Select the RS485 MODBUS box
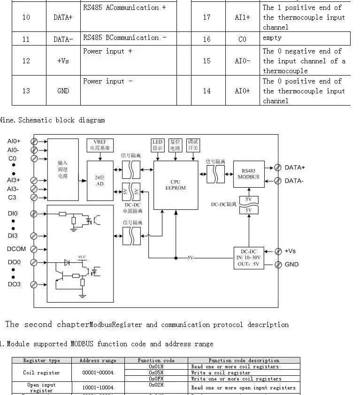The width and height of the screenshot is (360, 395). pos(248,174)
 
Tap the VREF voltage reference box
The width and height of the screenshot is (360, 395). pos(100,144)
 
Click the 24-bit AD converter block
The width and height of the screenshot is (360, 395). pos(100,181)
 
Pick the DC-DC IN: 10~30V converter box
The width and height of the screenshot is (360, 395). pos(248,258)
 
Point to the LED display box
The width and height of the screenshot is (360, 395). pos(157,144)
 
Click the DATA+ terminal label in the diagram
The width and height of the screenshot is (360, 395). pos(295,167)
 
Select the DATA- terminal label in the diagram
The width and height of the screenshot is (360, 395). pos(294,181)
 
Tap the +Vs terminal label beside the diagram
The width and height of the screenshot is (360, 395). pos(290,251)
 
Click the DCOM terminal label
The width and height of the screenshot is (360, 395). pos(16,249)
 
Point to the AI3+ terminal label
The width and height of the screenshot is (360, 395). pos(14,180)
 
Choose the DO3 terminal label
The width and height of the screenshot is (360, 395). pos(14,284)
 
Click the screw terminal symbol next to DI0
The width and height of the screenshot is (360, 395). pos(34,214)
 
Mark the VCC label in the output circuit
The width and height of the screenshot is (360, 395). pos(82,257)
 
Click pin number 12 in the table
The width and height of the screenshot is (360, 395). pos(26,61)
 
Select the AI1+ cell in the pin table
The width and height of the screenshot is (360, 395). pos(242,17)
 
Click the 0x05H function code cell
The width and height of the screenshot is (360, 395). pos(156,373)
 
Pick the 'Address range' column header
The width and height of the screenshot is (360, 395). pos(98,360)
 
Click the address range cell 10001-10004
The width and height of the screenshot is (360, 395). pos(98,388)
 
